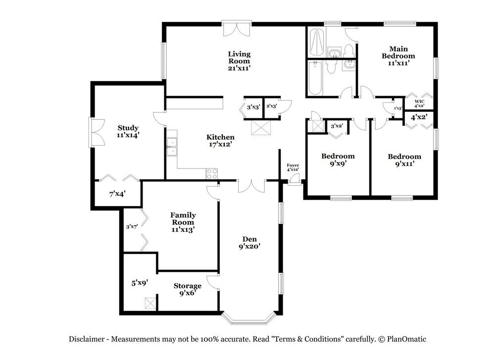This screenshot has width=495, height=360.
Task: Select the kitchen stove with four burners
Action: [x=212, y=173]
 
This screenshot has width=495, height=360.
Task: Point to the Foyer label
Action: [x=293, y=165]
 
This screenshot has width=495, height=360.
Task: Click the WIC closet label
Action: [x=419, y=101]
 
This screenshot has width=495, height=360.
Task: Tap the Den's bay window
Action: [x=248, y=317]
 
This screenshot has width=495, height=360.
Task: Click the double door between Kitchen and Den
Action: [x=251, y=186]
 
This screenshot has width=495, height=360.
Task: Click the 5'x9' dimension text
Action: [x=140, y=283]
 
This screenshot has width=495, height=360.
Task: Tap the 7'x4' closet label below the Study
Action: [x=117, y=194]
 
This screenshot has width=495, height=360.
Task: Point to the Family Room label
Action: [x=183, y=218]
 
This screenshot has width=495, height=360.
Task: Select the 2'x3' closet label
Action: [x=272, y=106]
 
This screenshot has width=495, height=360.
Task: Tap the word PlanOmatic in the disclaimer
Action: [x=406, y=339]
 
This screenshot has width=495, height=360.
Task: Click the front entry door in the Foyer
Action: [x=294, y=181]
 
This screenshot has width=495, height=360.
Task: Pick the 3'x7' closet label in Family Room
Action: [x=131, y=227]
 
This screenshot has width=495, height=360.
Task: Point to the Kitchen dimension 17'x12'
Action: [x=220, y=145]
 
